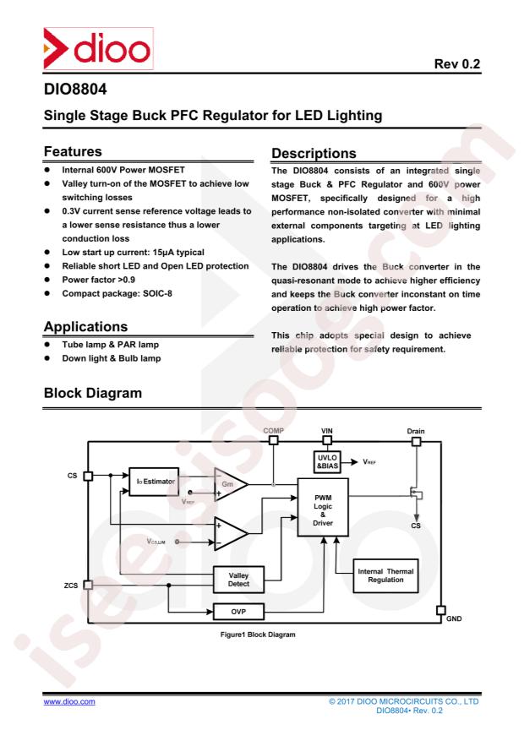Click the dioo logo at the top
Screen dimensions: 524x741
tap(98, 48)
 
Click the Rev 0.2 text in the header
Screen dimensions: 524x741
tap(457, 64)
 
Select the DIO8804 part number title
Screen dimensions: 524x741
tap(75, 89)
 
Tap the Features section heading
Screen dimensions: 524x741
tap(73, 151)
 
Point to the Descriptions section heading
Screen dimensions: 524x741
tap(314, 153)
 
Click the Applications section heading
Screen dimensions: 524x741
tap(85, 326)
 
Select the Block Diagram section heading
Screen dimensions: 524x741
tap(93, 393)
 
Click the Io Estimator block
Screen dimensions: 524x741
tap(154, 482)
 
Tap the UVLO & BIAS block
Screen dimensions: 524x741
tap(327, 461)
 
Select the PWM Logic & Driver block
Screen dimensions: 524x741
tap(323, 507)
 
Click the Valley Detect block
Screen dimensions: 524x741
tap(238, 580)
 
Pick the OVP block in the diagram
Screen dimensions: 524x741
tap(238, 612)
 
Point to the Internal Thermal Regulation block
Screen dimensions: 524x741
tap(385, 575)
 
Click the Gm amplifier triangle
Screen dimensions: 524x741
tap(230, 484)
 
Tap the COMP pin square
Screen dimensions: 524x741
tap(273, 440)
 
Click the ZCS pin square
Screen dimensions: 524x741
tap(88, 585)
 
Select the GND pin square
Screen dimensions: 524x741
tap(440, 610)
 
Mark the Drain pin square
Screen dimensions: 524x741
tap(416, 441)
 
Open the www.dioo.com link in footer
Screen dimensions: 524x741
tap(69, 702)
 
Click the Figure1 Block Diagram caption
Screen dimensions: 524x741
tap(258, 635)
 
